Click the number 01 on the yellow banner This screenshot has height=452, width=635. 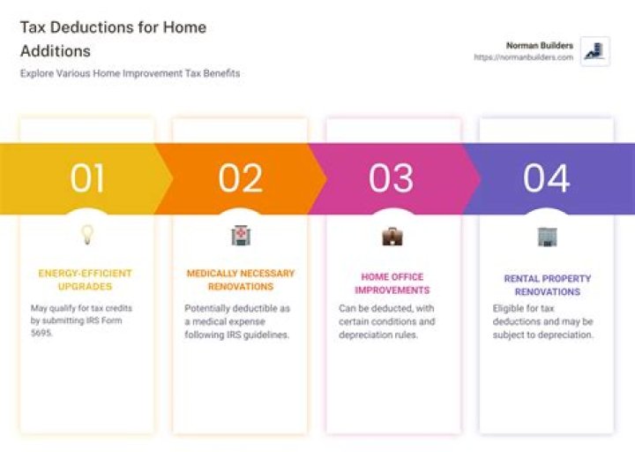click(87, 178)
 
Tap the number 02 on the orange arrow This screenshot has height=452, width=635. click(241, 178)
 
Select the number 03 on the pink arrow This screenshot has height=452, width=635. click(391, 178)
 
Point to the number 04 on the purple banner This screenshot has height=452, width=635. click(546, 178)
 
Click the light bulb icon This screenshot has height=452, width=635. click(87, 235)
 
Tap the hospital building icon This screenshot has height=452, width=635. click(240, 235)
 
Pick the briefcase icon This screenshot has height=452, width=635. click(392, 236)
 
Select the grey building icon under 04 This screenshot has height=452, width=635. click(547, 236)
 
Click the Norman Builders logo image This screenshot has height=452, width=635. click(595, 51)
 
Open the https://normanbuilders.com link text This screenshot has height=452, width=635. click(523, 57)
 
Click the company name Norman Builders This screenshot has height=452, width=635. click(539, 45)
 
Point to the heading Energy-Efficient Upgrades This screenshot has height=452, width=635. click(86, 280)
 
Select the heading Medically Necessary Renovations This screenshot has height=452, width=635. click(240, 280)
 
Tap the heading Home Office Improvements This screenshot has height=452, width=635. click(392, 283)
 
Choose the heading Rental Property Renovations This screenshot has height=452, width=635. click(547, 285)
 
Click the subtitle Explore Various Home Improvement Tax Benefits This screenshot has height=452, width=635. click(130, 74)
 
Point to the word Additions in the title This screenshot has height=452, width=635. click(55, 51)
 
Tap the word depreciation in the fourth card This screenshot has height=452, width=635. click(565, 335)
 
